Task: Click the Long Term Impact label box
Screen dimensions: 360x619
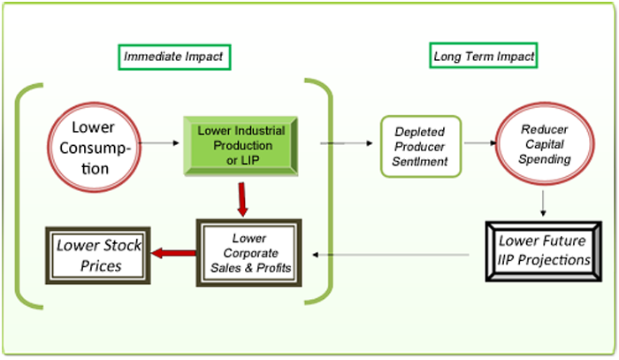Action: point(484,57)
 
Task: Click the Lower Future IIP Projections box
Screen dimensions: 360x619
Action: point(544,250)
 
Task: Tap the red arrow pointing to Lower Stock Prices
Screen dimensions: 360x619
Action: point(173,255)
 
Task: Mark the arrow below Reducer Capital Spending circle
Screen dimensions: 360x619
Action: point(542,203)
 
